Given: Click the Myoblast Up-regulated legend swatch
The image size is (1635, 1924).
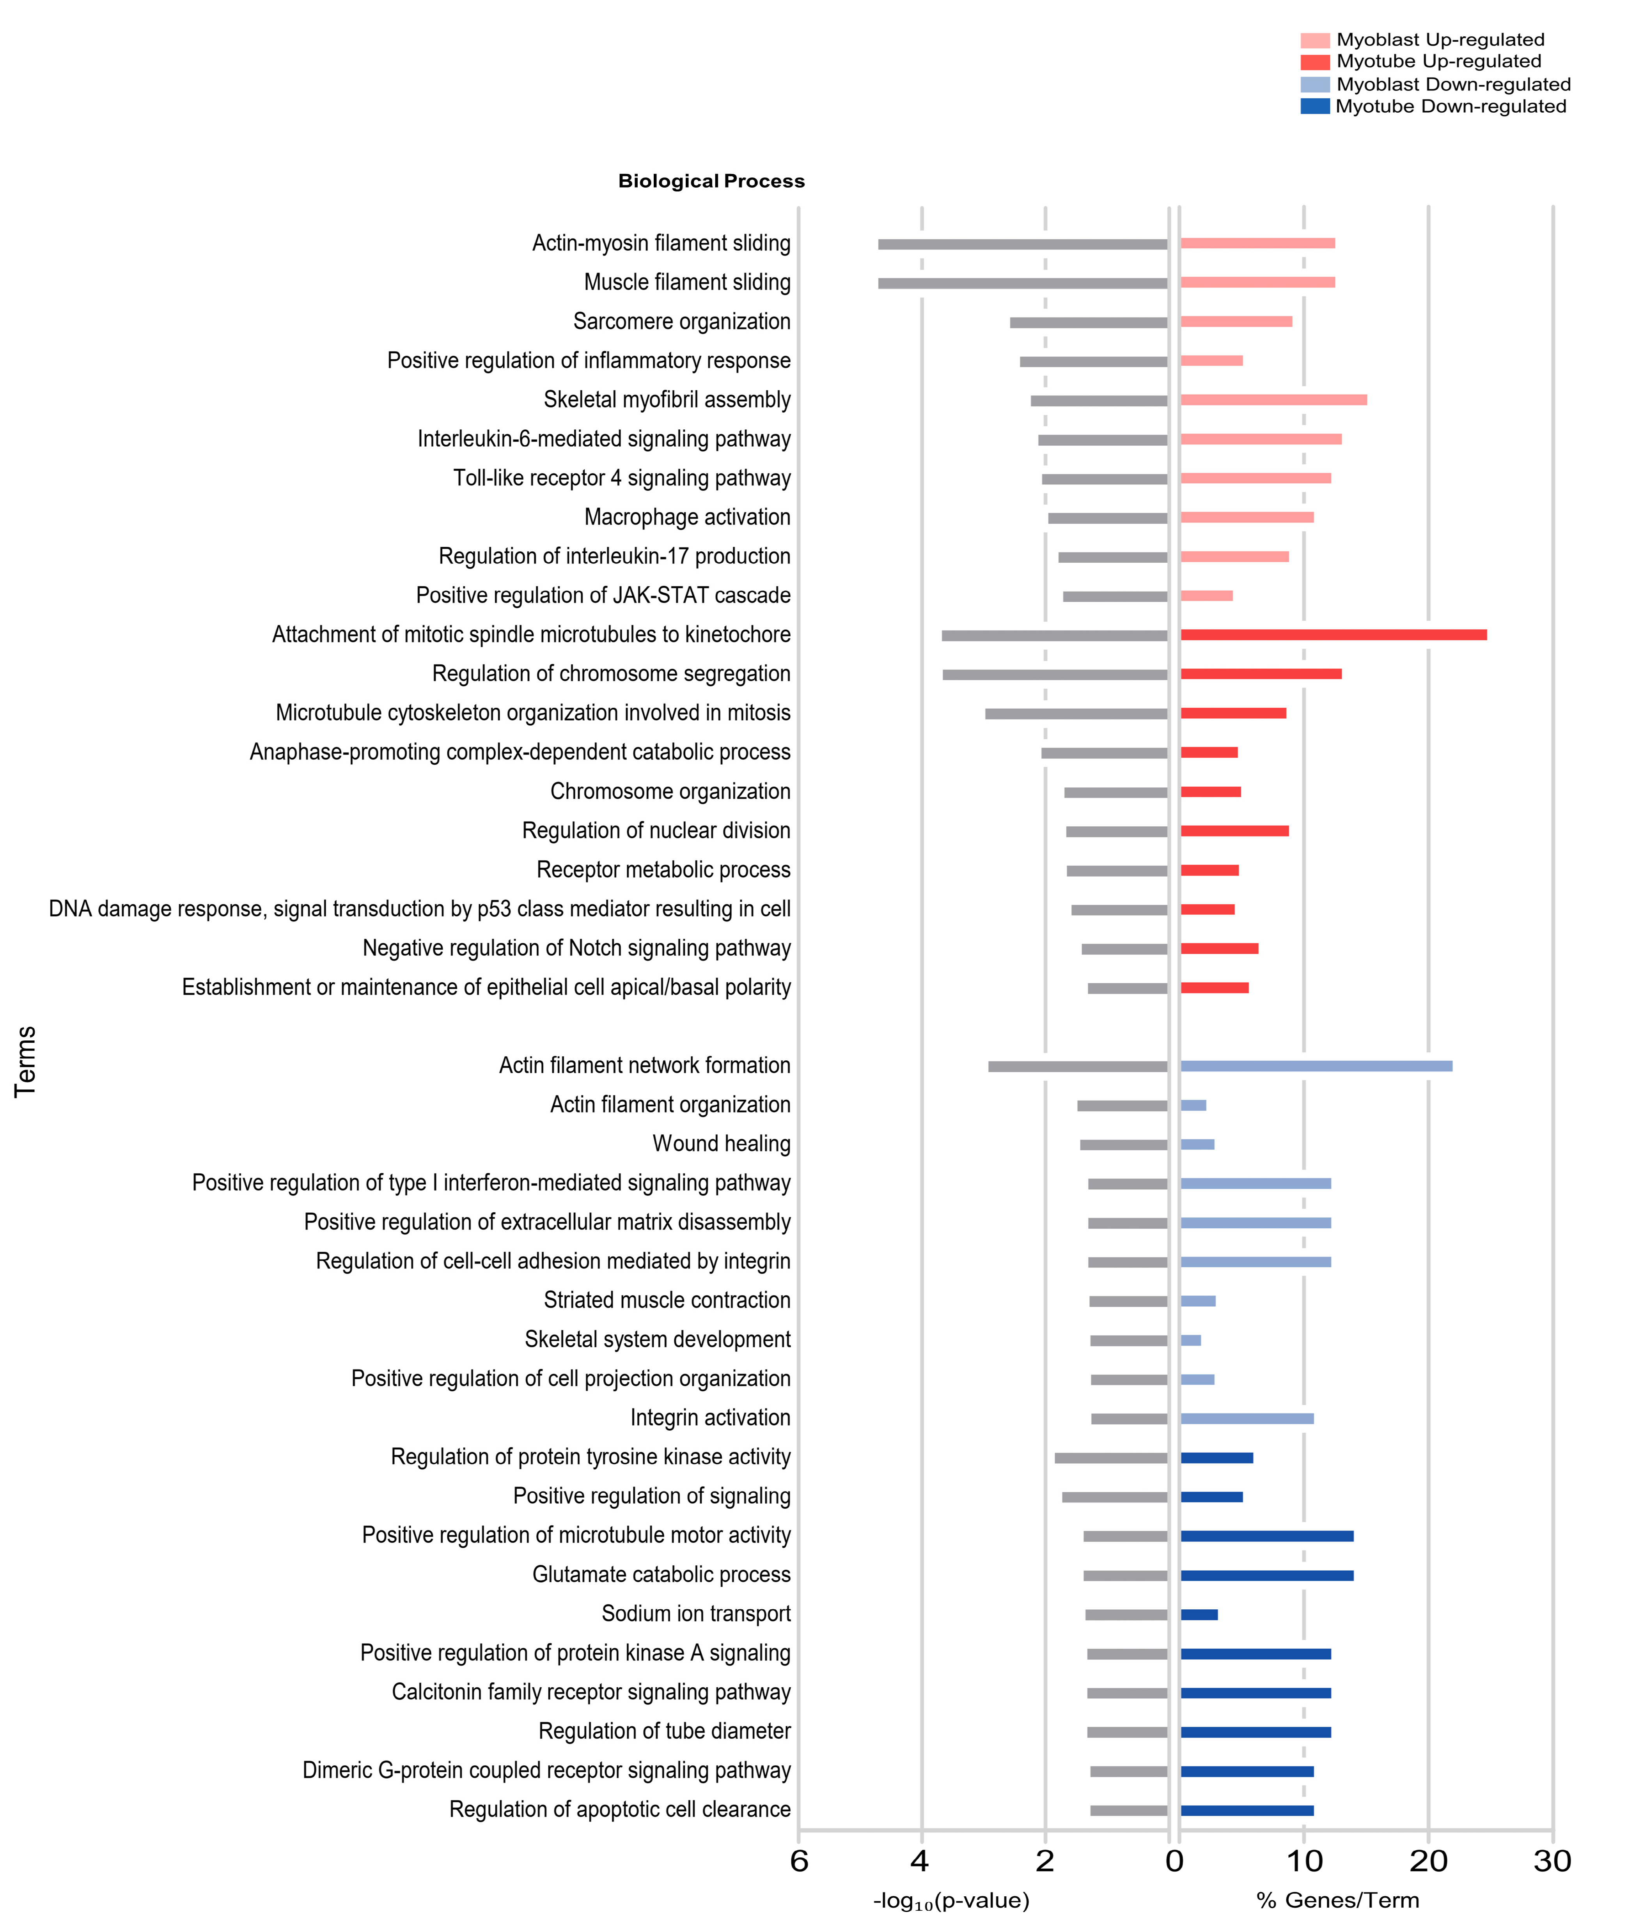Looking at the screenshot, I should pos(1314,40).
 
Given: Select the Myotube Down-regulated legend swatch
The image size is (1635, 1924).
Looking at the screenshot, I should pos(1314,106).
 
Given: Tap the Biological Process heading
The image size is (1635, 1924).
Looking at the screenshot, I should pos(711,181).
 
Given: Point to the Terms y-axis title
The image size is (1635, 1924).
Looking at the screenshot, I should pos(25,1061).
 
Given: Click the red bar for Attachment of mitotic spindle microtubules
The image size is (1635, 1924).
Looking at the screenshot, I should pos(1333,635).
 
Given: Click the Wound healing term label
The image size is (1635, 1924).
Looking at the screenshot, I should pos(721,1144).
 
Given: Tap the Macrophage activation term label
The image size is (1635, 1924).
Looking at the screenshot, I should pos(687,517).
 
